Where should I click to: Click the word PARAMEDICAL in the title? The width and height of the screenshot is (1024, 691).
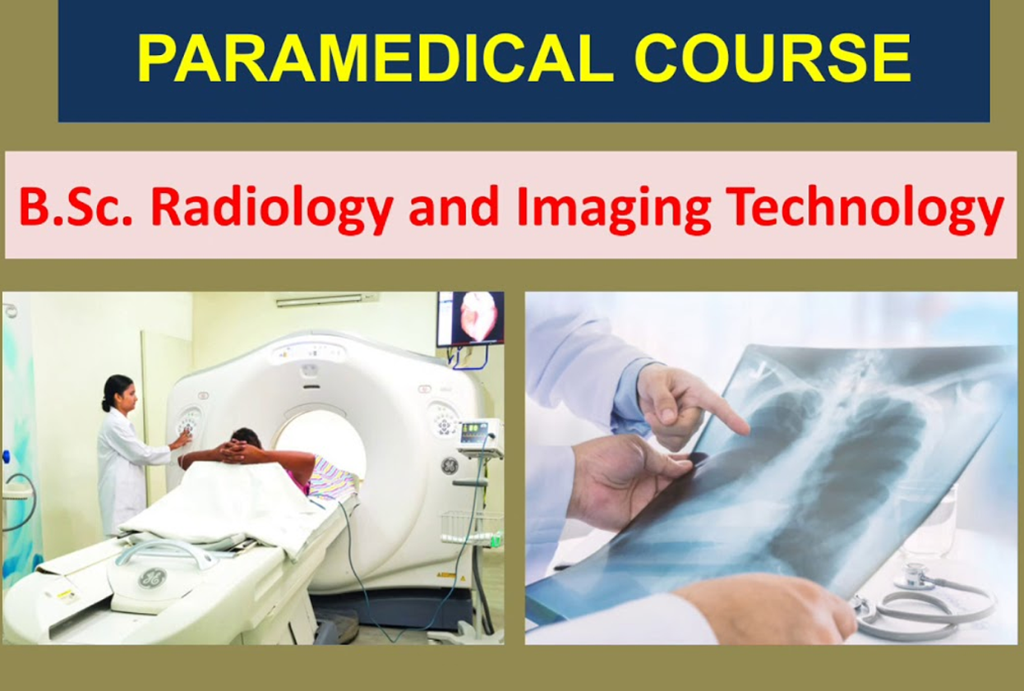pyautogui.click(x=376, y=58)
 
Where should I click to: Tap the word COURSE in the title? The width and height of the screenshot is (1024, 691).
pyautogui.click(x=773, y=58)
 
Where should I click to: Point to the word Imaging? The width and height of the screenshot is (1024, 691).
pyautogui.click(x=613, y=211)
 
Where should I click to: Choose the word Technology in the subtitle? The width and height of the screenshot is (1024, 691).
pyautogui.click(x=867, y=211)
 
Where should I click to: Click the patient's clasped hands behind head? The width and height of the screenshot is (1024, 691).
pyautogui.click(x=237, y=453)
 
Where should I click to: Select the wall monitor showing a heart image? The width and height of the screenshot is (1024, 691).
pyautogui.click(x=470, y=319)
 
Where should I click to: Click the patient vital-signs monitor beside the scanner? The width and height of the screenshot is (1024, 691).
pyautogui.click(x=480, y=437)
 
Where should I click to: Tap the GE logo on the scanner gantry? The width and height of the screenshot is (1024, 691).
pyautogui.click(x=449, y=466)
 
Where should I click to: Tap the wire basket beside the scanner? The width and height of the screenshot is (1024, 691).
pyautogui.click(x=472, y=526)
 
